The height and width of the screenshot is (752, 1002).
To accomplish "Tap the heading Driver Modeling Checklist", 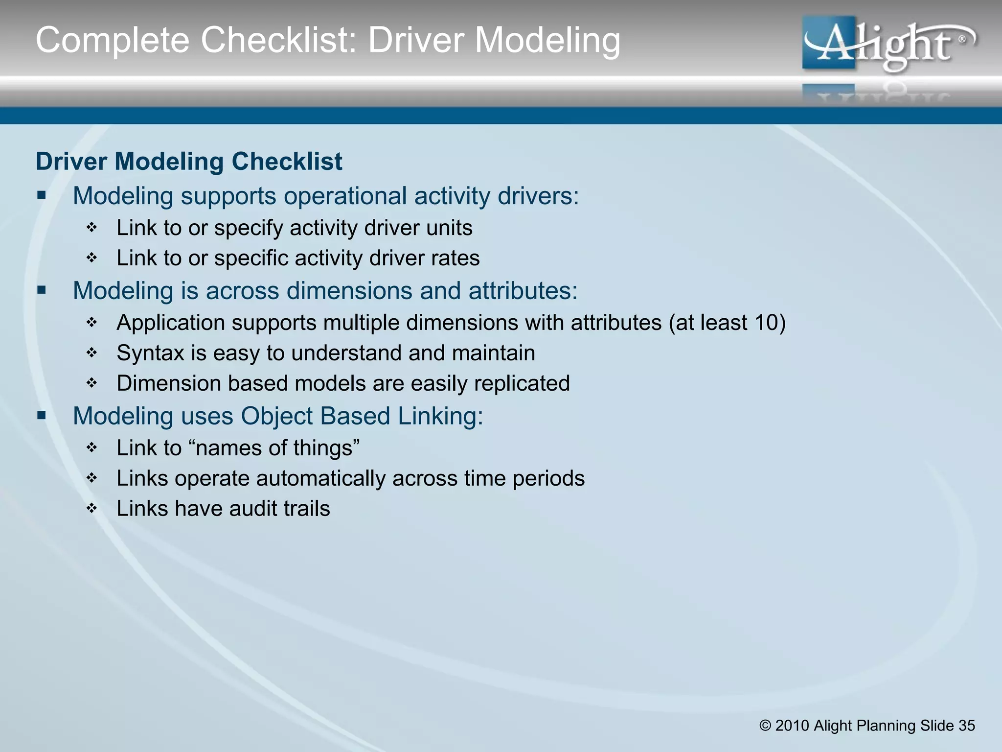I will click(x=189, y=162).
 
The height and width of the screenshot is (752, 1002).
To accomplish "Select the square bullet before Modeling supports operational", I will click(x=42, y=196).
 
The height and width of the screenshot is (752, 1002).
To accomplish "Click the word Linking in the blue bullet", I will click(x=440, y=416).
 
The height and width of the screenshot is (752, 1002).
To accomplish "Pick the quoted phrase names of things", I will click(x=277, y=448).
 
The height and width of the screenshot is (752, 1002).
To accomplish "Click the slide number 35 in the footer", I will click(x=966, y=725).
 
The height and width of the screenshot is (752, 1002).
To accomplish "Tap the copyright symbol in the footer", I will click(x=765, y=726).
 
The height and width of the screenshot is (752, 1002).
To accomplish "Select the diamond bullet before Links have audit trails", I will click(x=92, y=509).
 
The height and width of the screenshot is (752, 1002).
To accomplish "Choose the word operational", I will click(x=345, y=196).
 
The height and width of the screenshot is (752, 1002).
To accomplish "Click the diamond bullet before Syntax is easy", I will click(x=92, y=353).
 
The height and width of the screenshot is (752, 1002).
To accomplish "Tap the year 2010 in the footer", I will click(x=792, y=726).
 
